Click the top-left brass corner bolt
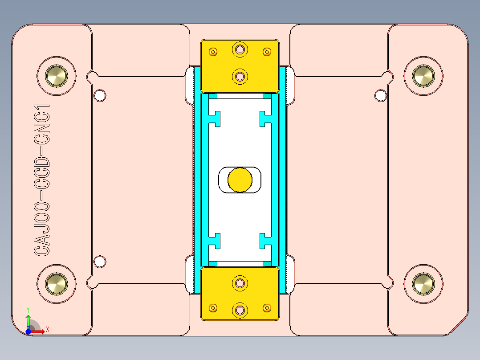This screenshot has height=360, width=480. (57, 76)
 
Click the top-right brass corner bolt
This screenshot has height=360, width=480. (423, 76)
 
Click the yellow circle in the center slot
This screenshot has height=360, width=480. (240, 180)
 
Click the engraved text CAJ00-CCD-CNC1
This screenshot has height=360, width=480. (42, 180)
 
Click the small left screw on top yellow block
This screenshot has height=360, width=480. (213, 52)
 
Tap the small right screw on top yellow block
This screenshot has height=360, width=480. (267, 52)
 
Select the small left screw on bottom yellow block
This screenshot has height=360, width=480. (213, 308)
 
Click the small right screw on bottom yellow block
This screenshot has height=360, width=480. (267, 308)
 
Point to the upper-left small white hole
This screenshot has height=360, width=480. (100, 95)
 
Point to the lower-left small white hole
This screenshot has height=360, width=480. (100, 262)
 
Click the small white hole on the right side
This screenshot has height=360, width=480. (381, 95)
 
